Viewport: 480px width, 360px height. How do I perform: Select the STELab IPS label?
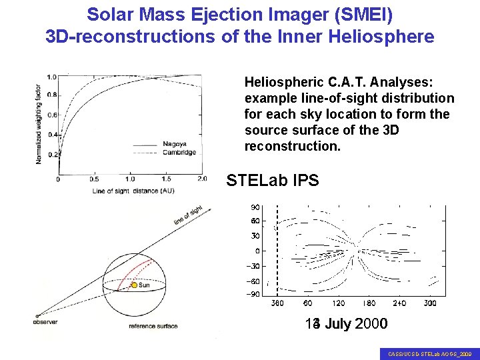tap(273, 181)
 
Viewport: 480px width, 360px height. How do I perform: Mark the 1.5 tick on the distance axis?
tap(166, 179)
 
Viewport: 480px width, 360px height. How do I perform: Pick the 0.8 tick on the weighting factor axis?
tap(51, 95)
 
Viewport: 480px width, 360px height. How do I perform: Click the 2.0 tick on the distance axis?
tap(202, 179)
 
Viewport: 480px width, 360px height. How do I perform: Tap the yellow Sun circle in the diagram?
tap(134, 285)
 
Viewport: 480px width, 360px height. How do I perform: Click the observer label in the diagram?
tap(45, 323)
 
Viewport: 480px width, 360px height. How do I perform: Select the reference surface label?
tap(153, 327)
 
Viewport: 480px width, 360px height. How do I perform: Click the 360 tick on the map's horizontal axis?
tap(277, 303)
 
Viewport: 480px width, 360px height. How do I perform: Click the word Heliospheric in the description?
tap(285, 83)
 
